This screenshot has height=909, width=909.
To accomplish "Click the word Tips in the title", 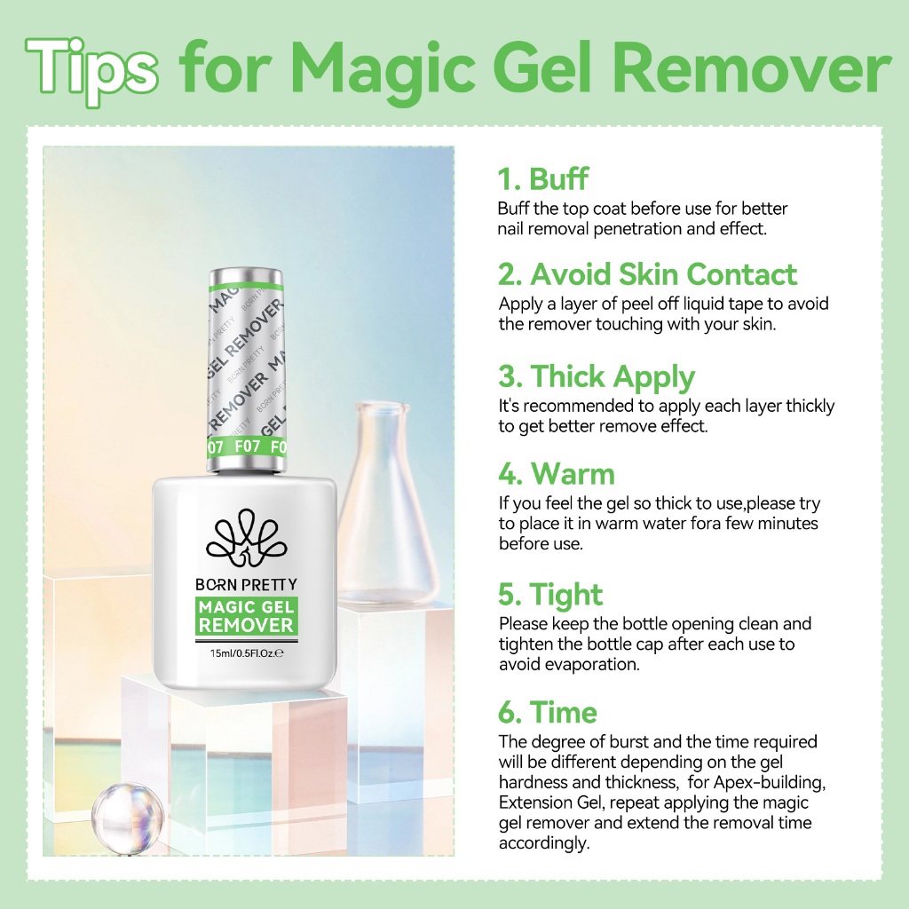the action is (x=91, y=71).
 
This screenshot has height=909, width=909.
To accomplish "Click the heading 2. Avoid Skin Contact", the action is (x=647, y=274).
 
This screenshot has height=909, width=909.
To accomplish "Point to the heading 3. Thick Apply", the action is (x=596, y=376).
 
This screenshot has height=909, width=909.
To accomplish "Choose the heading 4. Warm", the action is (x=556, y=474).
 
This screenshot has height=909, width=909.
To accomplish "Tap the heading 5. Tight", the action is (x=550, y=595).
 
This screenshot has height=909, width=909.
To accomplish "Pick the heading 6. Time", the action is (x=547, y=712).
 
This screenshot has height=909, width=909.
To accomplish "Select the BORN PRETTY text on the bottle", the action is (x=246, y=584).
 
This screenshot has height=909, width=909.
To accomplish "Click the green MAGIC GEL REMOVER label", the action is (x=246, y=617).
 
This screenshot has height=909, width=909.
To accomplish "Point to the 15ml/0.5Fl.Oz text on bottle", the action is (x=246, y=652).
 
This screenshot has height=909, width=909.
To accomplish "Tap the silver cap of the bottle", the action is (x=247, y=371).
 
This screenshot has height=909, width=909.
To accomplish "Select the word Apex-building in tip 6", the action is (x=770, y=782).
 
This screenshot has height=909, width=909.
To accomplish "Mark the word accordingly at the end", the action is (x=544, y=843).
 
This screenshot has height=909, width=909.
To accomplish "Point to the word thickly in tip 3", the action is (x=810, y=406).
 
